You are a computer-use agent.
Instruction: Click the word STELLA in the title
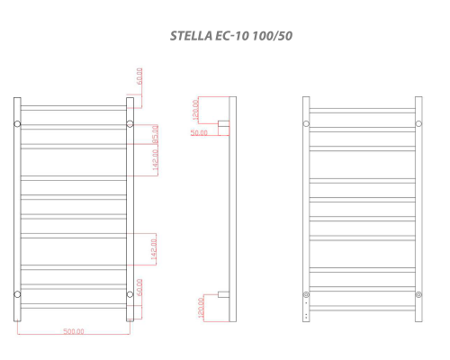191,37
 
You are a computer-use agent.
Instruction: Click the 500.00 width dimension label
74,332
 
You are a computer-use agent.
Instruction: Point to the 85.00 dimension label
155,134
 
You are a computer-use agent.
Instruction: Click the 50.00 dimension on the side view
198,132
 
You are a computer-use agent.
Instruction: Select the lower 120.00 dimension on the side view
202,308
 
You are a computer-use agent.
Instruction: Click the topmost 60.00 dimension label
139,76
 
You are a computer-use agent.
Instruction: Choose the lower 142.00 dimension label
154,248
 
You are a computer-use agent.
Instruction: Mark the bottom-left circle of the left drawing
17,294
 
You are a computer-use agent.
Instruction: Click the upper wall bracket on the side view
224,123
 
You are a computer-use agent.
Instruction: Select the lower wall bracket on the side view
224,294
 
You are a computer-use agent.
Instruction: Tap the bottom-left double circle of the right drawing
306,294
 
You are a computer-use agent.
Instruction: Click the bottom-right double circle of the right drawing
418,294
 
